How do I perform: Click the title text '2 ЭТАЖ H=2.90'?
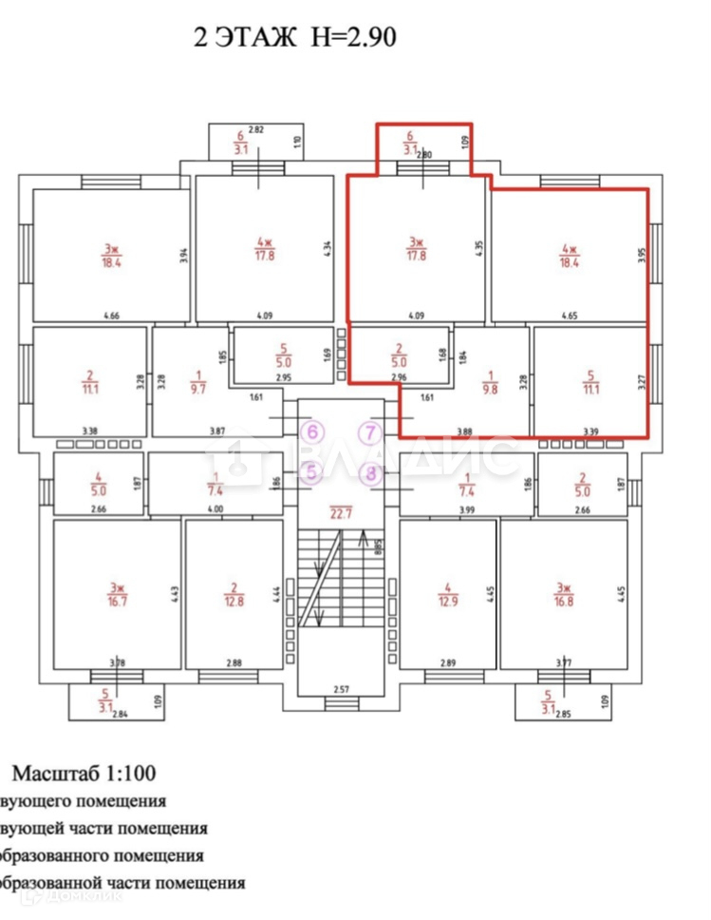[293, 38]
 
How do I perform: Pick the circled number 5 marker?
[310, 470]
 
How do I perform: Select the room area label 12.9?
[447, 602]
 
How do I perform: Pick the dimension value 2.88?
[234, 662]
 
